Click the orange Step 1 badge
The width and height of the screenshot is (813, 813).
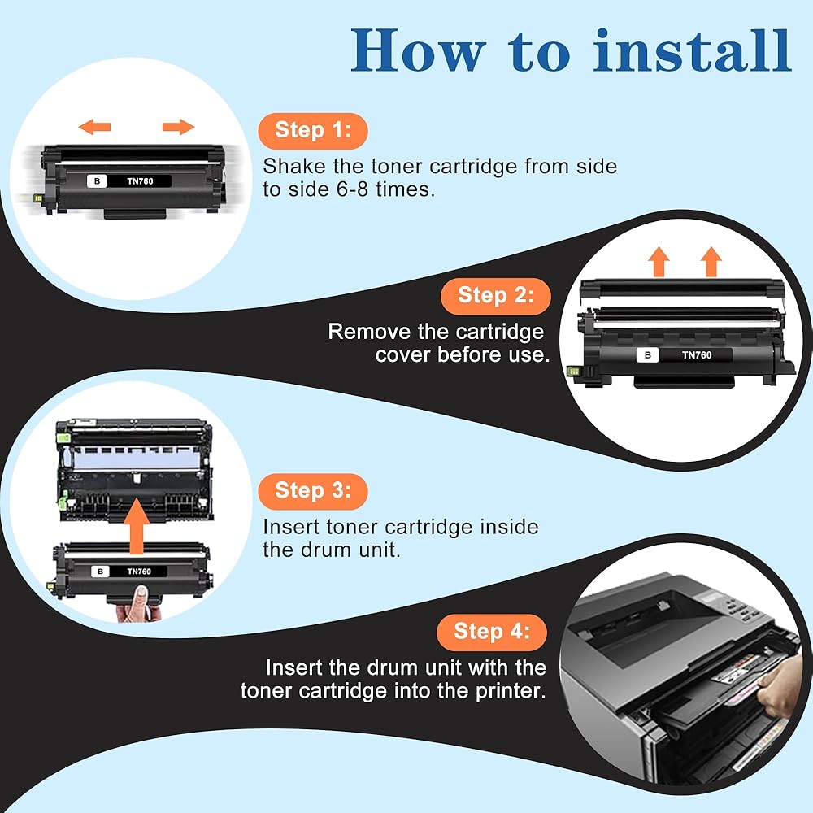312,130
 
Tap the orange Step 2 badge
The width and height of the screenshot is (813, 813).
495,295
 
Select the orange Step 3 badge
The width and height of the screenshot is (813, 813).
312,490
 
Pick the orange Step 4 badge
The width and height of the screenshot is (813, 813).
491,631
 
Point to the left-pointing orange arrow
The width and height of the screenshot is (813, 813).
95,126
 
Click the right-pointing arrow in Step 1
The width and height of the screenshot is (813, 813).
178,126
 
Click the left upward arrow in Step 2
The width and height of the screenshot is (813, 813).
659,261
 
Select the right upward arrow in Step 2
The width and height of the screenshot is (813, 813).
711,261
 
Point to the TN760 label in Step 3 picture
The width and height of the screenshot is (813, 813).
140,572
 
